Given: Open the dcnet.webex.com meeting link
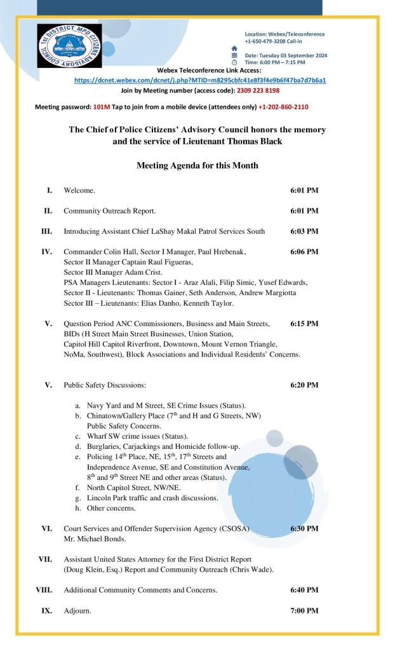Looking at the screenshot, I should [200, 81].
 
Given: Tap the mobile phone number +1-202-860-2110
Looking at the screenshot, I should [283, 107].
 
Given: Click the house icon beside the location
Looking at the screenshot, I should [234, 48].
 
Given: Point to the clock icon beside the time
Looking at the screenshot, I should [234, 62].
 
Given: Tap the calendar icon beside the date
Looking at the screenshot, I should [234, 55].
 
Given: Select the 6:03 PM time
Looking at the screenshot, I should [304, 231].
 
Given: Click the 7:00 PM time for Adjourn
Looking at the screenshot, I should [304, 611].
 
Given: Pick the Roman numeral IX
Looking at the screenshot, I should [46, 611].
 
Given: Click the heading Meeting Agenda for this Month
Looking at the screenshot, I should [197, 165].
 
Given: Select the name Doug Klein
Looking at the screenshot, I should [83, 569].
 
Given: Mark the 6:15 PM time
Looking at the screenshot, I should [304, 324].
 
